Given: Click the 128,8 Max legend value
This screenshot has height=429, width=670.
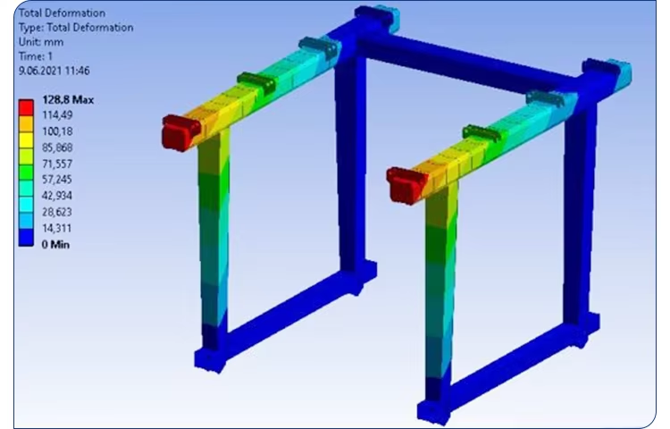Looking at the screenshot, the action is (x=68, y=100).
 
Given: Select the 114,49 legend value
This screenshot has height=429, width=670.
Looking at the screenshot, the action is (x=57, y=115).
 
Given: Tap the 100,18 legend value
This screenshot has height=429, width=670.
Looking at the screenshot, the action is (x=57, y=131).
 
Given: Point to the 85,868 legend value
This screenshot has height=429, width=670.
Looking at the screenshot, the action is (x=57, y=147).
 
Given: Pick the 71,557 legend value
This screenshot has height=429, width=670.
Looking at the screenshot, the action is (x=57, y=164).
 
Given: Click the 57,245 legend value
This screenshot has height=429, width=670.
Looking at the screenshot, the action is (x=57, y=180).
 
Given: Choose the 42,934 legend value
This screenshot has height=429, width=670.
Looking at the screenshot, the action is (x=57, y=196).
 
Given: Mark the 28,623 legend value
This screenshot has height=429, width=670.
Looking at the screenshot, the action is (x=57, y=212).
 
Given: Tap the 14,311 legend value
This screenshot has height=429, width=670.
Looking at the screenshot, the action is (x=57, y=228).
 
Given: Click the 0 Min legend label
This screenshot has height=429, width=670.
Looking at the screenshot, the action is (x=55, y=244).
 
